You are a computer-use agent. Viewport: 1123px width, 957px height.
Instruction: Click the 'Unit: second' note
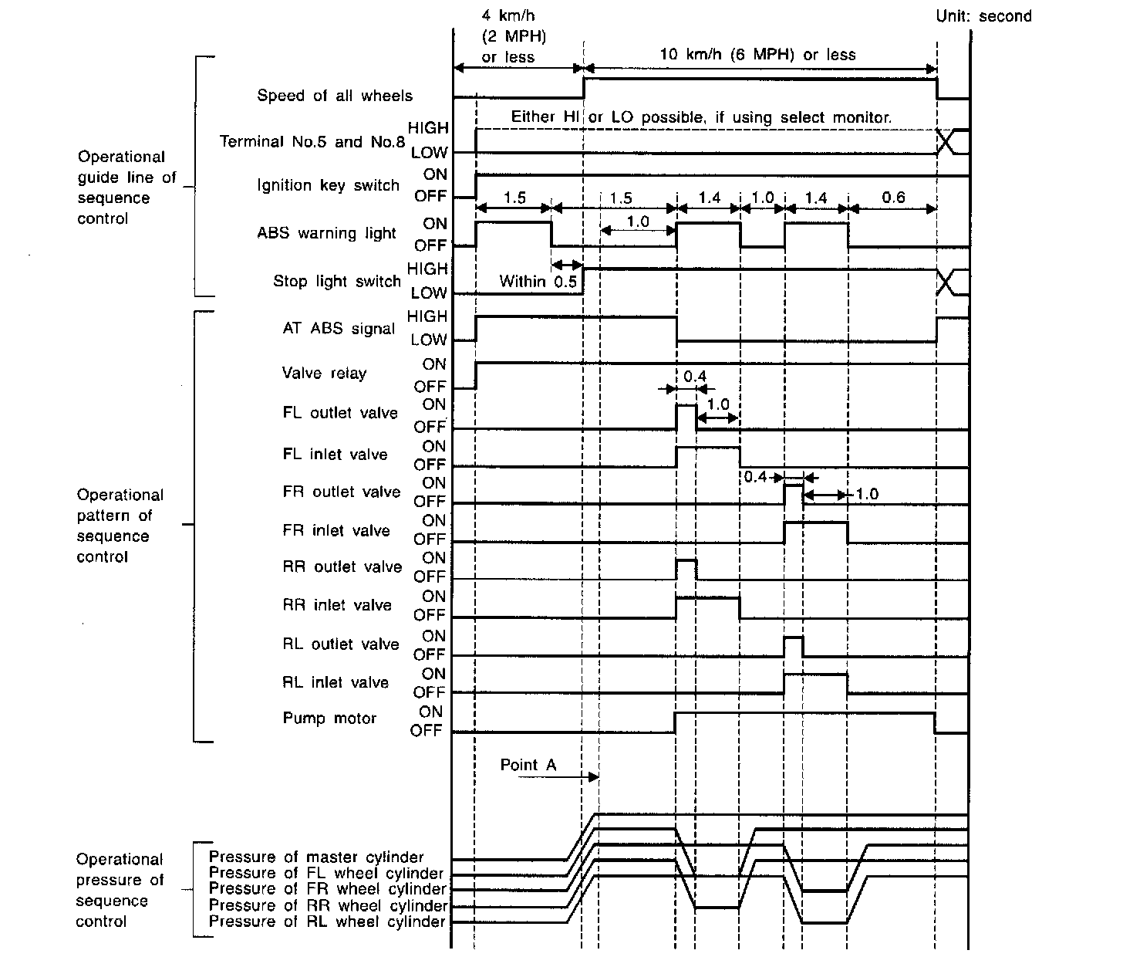[983, 16]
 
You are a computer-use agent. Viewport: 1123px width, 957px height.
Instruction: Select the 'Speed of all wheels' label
[334, 96]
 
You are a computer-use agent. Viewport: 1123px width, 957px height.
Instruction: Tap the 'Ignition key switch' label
[328, 185]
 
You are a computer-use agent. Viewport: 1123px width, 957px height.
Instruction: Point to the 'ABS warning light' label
[326, 233]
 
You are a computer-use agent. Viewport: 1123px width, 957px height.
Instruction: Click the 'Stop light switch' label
[336, 281]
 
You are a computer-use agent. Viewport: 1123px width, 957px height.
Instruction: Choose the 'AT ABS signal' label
[339, 328]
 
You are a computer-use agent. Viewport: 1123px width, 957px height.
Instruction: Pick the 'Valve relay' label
[324, 374]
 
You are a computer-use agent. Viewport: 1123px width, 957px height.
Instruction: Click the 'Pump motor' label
[329, 719]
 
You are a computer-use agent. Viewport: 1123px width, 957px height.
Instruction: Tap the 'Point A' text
[528, 765]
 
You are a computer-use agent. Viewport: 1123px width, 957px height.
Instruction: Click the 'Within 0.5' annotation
[538, 282]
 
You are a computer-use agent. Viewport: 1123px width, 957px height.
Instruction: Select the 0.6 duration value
[892, 198]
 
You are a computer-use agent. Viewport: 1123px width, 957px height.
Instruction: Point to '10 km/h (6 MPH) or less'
[757, 55]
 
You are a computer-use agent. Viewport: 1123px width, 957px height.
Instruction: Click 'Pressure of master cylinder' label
[316, 857]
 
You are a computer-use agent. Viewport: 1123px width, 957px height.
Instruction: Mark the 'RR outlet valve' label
[342, 567]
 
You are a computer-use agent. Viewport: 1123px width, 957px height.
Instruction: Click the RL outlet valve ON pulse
[793, 646]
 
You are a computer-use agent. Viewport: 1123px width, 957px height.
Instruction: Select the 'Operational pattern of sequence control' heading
[120, 526]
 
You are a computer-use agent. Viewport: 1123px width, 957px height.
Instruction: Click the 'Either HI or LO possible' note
[701, 117]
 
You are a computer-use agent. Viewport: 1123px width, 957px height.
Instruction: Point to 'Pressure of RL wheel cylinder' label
[327, 921]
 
